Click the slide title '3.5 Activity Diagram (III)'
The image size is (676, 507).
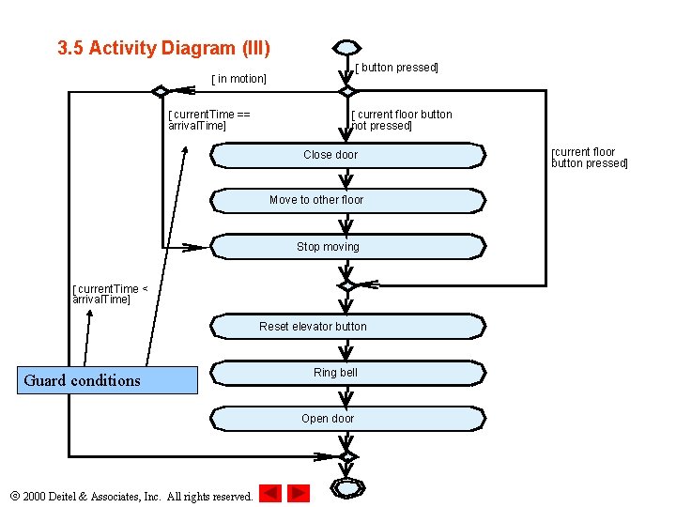tap(163, 48)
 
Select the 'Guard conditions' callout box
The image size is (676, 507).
tap(108, 380)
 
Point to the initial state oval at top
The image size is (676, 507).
tap(347, 48)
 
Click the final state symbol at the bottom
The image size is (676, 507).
tap(347, 488)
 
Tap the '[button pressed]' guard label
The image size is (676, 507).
tap(396, 68)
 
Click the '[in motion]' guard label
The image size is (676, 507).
tap(238, 79)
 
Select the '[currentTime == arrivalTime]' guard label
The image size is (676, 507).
tap(208, 120)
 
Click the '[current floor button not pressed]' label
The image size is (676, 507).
tap(401, 120)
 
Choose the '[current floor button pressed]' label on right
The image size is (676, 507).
tap(589, 158)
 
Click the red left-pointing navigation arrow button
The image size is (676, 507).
tap(270, 493)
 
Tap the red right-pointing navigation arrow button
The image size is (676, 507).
tap(299, 493)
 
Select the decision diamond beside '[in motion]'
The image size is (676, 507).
tap(161, 92)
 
